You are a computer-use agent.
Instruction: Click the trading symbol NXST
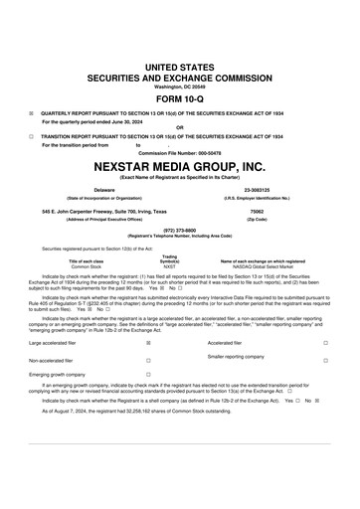coord(169,267)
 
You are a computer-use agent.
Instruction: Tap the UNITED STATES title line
coord(180,63)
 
